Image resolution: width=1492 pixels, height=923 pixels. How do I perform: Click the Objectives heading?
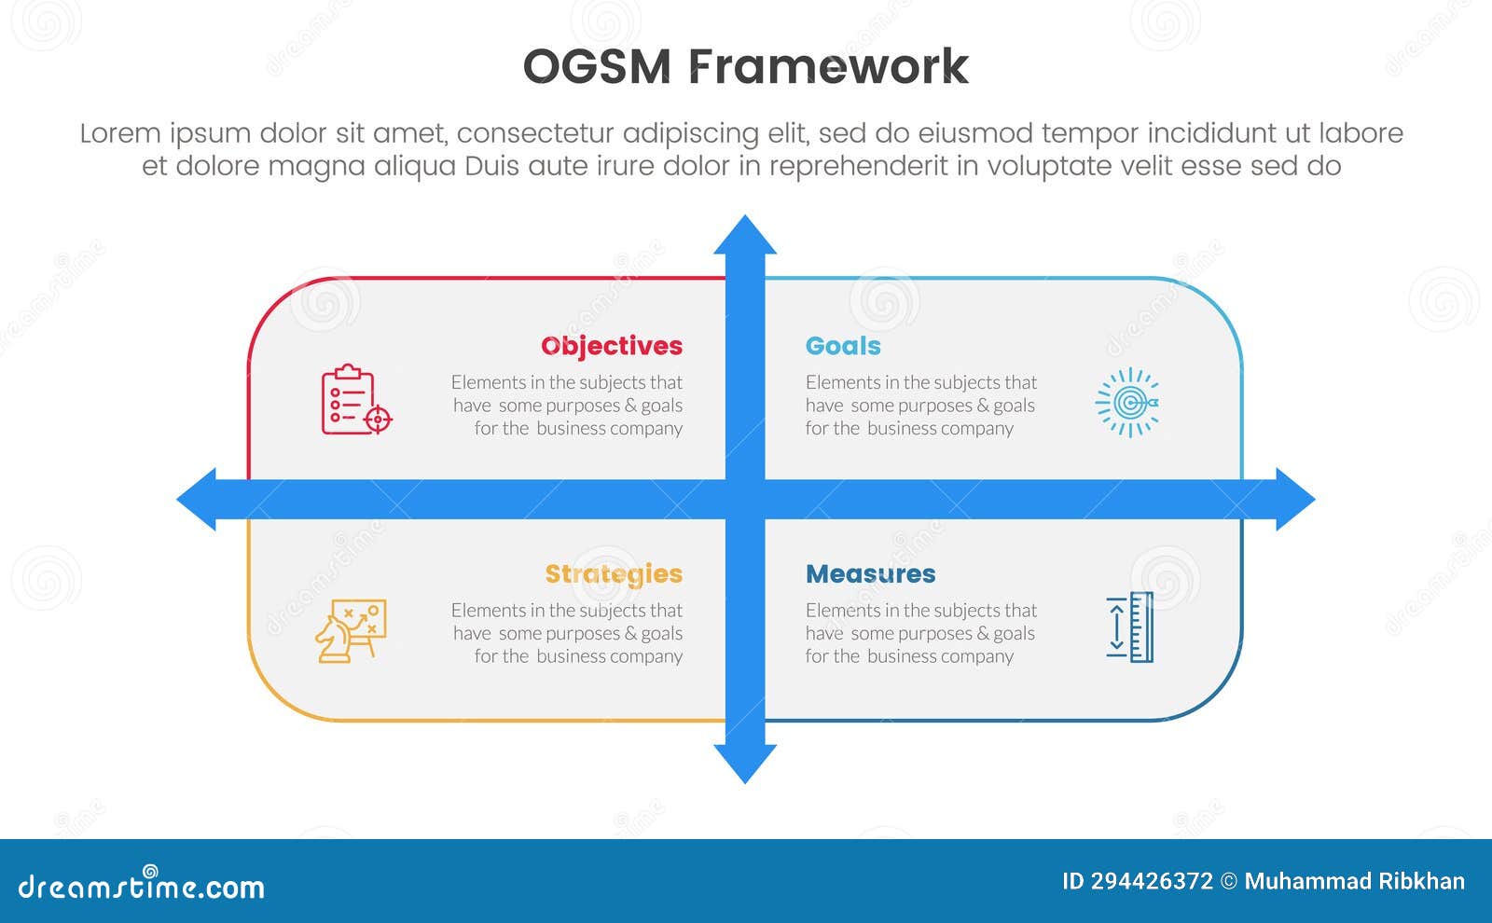pyautogui.click(x=612, y=346)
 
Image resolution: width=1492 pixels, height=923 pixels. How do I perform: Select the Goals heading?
pyautogui.click(x=843, y=346)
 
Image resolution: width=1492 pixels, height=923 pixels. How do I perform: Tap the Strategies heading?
pyautogui.click(x=614, y=574)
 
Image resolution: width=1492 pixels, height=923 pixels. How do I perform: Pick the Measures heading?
pyautogui.click(x=870, y=574)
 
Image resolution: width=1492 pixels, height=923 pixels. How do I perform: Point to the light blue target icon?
pyautogui.click(x=1127, y=403)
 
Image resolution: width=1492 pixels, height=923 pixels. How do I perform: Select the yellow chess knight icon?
pyautogui.click(x=350, y=631)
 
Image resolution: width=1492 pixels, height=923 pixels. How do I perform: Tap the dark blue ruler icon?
pyautogui.click(x=1130, y=627)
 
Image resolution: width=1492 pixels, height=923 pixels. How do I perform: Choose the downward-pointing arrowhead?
pyautogui.click(x=745, y=763)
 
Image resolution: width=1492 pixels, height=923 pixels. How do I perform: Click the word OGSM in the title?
pyautogui.click(x=596, y=67)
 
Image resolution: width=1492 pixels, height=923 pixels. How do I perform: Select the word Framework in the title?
pyautogui.click(x=828, y=67)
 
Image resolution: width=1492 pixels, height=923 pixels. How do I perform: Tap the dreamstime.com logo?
pyautogui.click(x=141, y=886)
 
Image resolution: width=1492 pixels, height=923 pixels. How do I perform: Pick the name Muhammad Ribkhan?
pyautogui.click(x=1354, y=882)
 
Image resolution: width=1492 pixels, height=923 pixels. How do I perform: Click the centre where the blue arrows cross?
pyautogui.click(x=745, y=500)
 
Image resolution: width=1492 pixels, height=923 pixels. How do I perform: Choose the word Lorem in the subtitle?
pyautogui.click(x=119, y=133)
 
